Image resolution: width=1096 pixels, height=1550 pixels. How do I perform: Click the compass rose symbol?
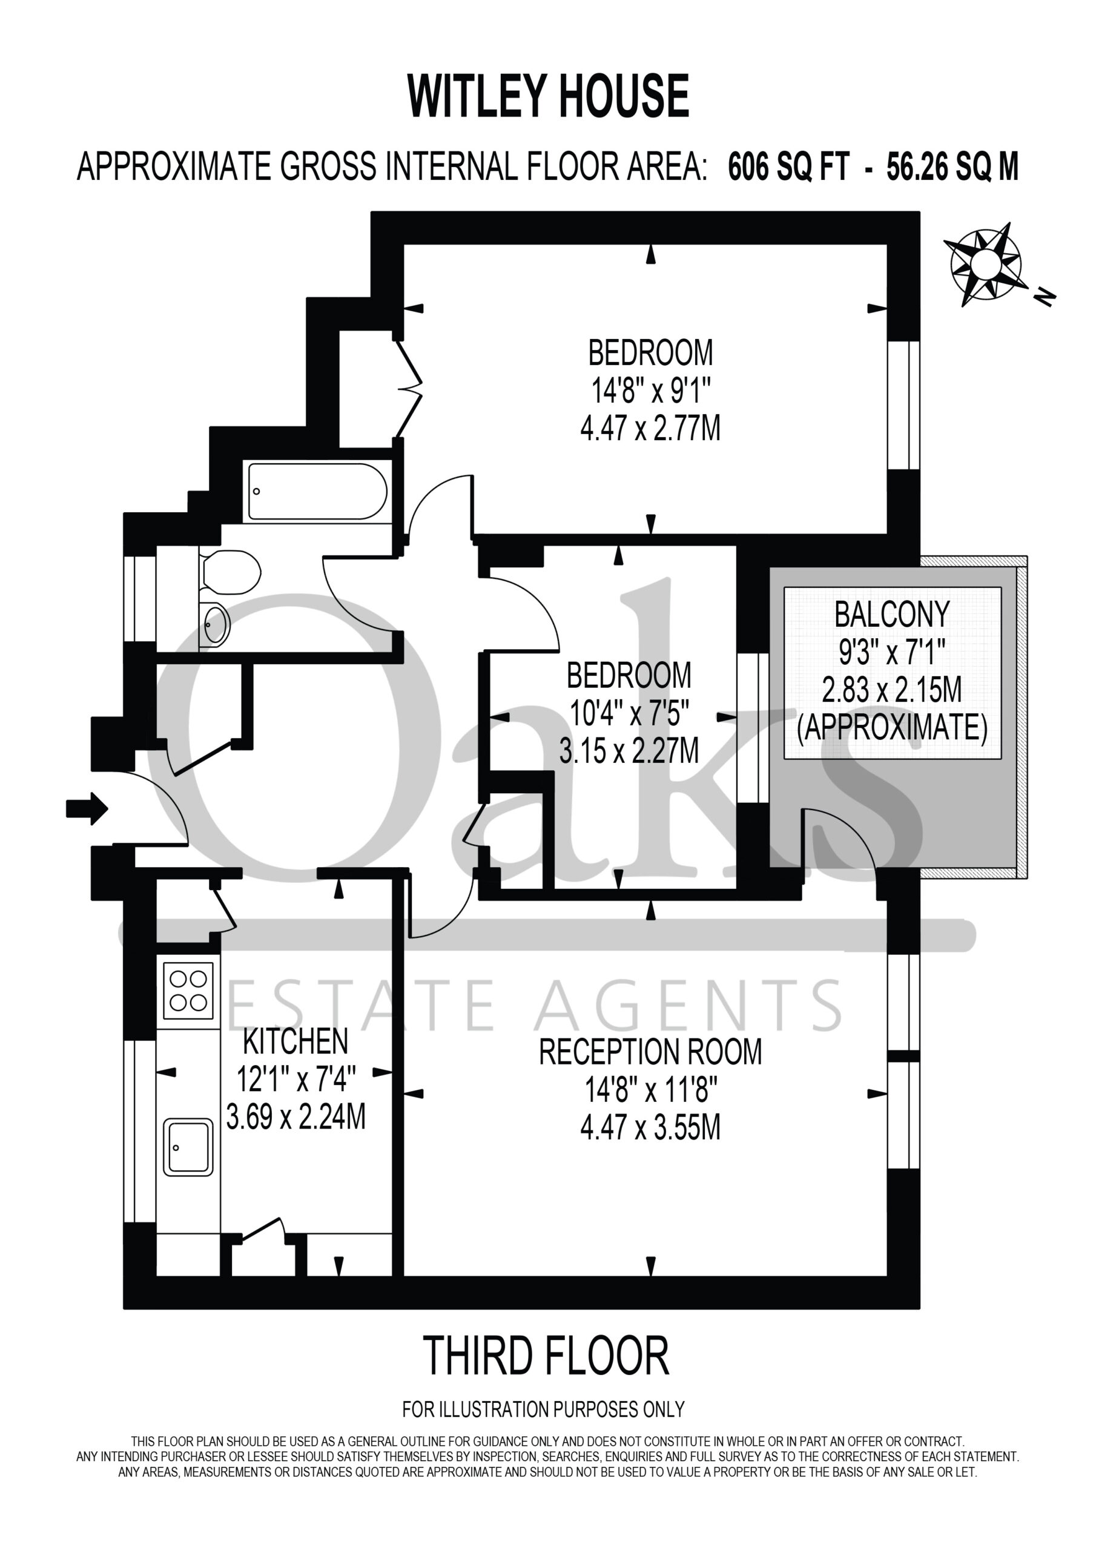pyautogui.click(x=985, y=264)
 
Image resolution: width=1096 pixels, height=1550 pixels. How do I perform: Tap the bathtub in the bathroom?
pyautogui.click(x=317, y=492)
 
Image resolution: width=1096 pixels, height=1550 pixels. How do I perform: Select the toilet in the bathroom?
pyautogui.click(x=230, y=572)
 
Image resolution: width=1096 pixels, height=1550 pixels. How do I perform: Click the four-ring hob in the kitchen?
pyautogui.click(x=188, y=991)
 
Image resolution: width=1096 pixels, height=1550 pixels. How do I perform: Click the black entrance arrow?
pyautogui.click(x=87, y=808)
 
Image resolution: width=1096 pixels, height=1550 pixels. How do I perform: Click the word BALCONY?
pyautogui.click(x=892, y=615)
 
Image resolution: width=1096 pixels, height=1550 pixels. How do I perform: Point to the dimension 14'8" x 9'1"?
pyautogui.click(x=650, y=390)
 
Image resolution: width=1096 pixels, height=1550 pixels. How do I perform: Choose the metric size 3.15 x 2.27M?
pyautogui.click(x=629, y=751)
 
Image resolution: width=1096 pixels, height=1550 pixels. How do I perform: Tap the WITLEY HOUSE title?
pyautogui.click(x=549, y=96)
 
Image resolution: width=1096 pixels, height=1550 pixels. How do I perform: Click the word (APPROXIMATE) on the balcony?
pyautogui.click(x=892, y=728)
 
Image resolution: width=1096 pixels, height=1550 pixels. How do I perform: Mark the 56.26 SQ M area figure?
pyautogui.click(x=952, y=166)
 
